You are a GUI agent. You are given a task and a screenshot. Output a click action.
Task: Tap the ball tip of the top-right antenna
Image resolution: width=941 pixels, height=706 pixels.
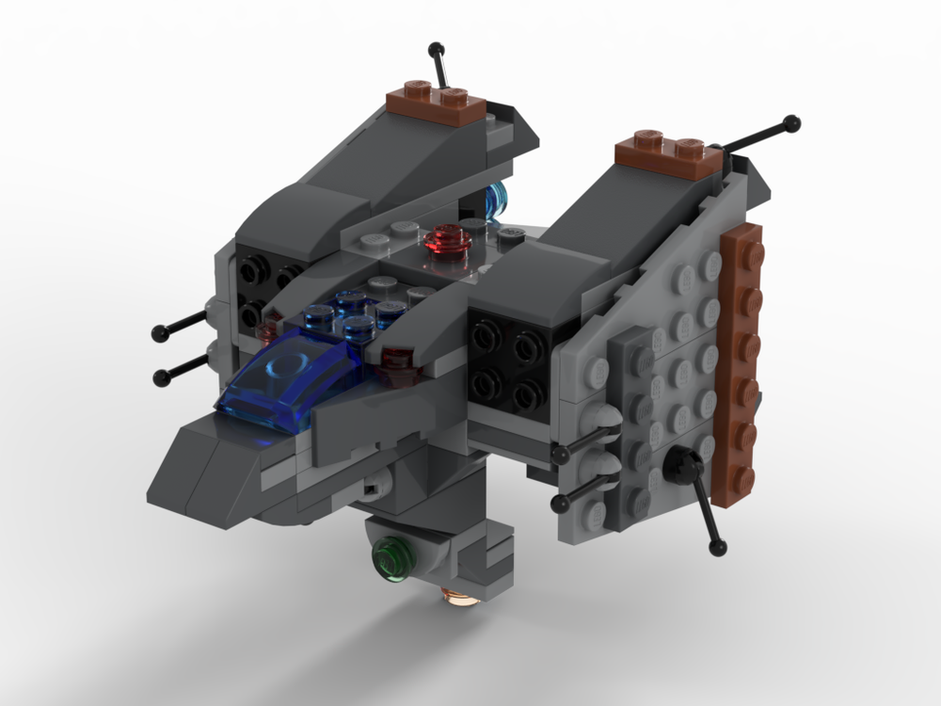[x=792, y=122]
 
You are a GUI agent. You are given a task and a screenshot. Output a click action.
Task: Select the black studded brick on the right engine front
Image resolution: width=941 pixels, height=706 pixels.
[x=509, y=361]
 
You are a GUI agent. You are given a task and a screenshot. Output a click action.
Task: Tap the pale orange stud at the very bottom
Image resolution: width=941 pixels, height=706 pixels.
[x=458, y=597]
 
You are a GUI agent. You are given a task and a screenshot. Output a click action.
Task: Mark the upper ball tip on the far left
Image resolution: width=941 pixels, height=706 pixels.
[x=159, y=332]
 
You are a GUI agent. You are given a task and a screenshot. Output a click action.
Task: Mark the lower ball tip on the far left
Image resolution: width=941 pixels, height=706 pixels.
[x=162, y=377]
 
